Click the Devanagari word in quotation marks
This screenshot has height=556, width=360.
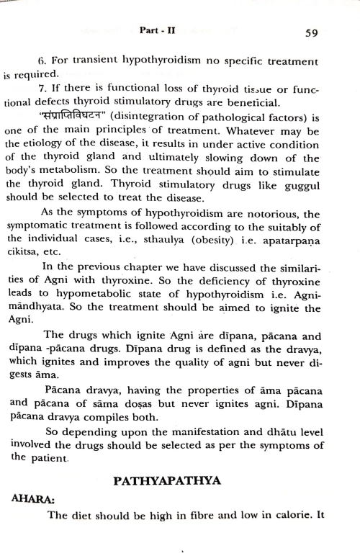(x=80, y=117)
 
